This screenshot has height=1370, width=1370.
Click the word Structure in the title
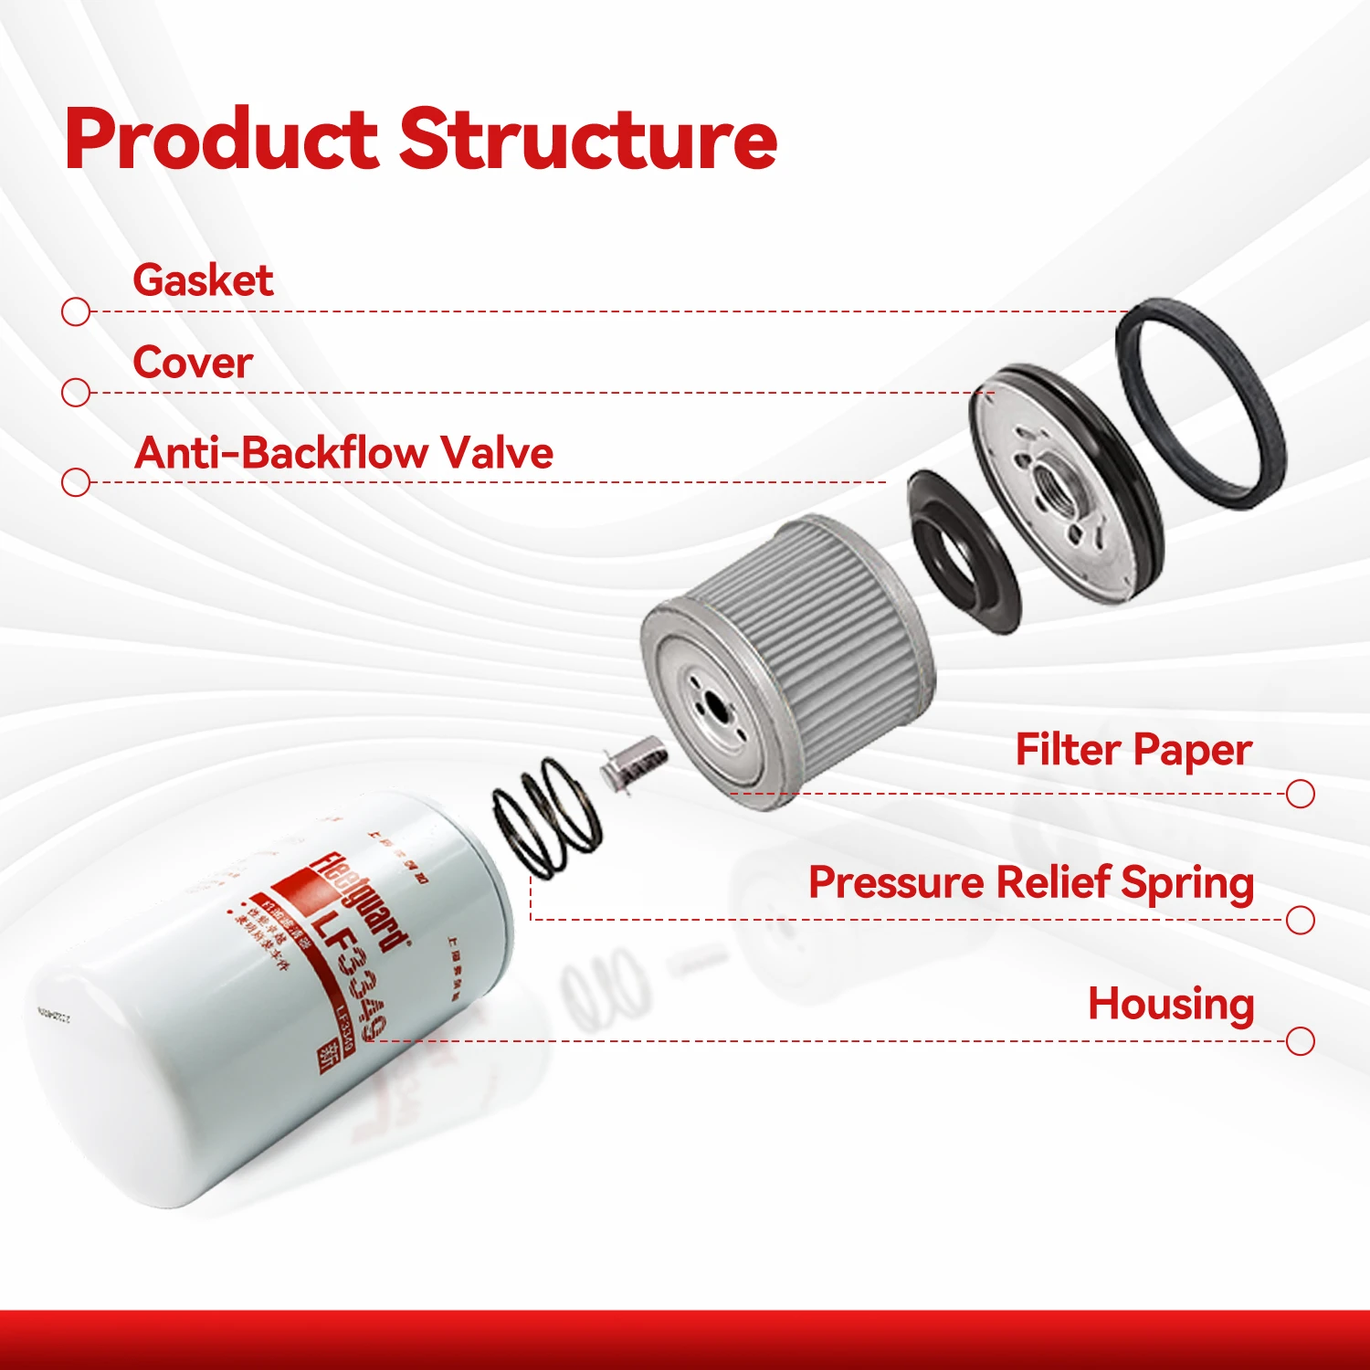588,139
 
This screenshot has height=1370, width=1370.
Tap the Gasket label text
203,279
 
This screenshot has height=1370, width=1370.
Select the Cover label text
193,363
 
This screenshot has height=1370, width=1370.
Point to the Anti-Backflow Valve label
343,452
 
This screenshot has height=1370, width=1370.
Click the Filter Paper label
1133,751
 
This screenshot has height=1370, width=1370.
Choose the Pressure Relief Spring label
1031,883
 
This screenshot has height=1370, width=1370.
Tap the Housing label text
1171,1004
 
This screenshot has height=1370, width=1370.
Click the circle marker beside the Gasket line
76,311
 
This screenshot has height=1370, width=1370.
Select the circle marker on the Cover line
76,393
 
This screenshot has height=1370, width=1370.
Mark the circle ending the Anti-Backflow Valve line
76,481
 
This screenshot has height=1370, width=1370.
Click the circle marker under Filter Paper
1300,794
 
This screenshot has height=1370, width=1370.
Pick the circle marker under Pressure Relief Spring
1300,920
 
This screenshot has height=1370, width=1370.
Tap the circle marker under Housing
1300,1040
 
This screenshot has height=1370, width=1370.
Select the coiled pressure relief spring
546,817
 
